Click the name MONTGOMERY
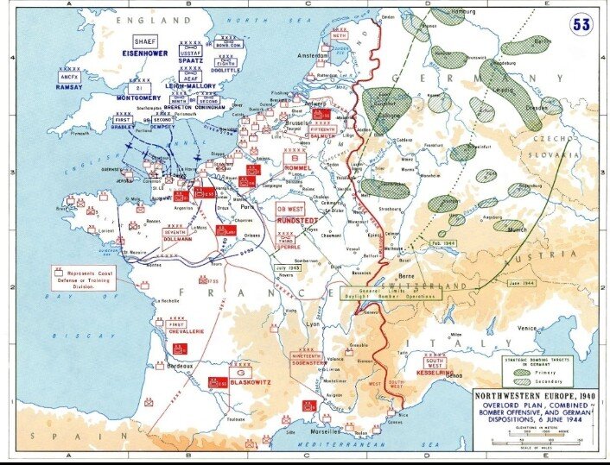139,98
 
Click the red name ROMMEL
299,168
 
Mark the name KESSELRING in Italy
435,372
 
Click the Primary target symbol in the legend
524,372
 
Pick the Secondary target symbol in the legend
524,381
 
